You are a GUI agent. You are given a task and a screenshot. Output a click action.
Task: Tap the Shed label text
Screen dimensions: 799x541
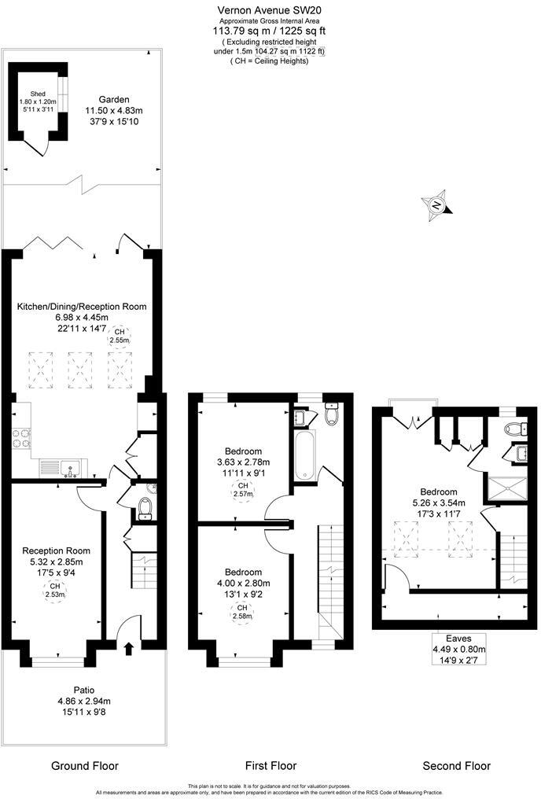tap(38, 94)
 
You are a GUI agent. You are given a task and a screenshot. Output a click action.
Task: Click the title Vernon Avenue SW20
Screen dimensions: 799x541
tap(270, 9)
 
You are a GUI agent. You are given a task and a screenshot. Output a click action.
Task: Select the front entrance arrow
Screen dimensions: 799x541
tap(128, 646)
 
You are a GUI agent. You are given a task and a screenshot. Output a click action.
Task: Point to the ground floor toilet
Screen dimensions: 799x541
tap(144, 509)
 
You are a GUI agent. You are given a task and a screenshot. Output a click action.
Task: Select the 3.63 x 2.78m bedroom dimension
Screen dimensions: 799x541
tap(243, 462)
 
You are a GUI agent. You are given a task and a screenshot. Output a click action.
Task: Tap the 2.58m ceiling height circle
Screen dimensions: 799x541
tap(243, 613)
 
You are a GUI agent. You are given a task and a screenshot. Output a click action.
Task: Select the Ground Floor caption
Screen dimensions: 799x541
tap(84, 765)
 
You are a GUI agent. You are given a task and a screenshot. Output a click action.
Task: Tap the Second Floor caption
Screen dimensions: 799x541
tap(456, 765)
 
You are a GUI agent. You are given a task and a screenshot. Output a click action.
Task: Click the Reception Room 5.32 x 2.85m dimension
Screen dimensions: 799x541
tap(56, 562)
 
